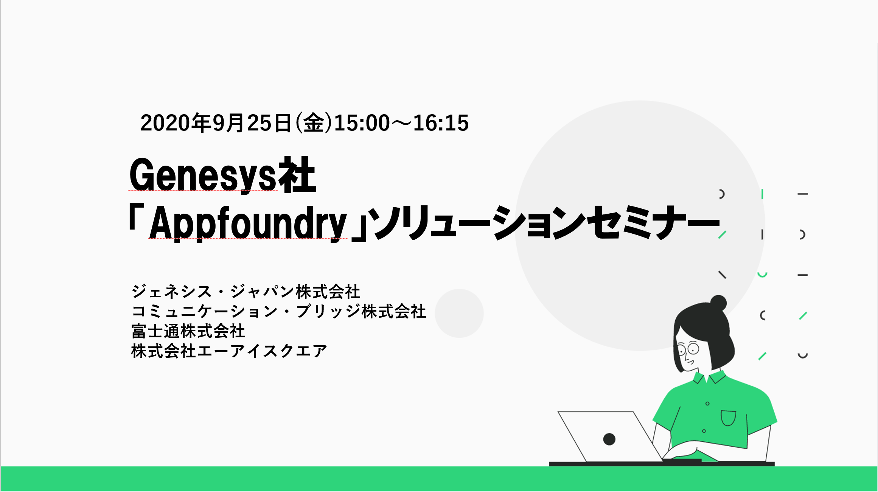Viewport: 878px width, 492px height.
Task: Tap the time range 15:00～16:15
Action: (401, 123)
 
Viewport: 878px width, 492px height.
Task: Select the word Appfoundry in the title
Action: (248, 223)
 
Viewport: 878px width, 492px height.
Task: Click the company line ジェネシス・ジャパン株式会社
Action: (246, 292)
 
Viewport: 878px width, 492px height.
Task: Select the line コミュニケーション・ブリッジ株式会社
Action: (279, 311)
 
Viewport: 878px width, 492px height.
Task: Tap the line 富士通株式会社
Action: (188, 331)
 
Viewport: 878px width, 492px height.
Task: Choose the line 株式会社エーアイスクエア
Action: (229, 351)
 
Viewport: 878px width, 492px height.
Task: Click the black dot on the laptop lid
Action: (609, 439)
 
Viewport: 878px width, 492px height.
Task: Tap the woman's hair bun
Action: (718, 303)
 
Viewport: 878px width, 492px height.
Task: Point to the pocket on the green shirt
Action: (728, 418)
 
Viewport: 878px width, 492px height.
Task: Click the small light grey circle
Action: (459, 313)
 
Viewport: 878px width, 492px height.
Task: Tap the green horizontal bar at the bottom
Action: (439, 478)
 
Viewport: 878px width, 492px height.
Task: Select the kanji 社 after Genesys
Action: (297, 175)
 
